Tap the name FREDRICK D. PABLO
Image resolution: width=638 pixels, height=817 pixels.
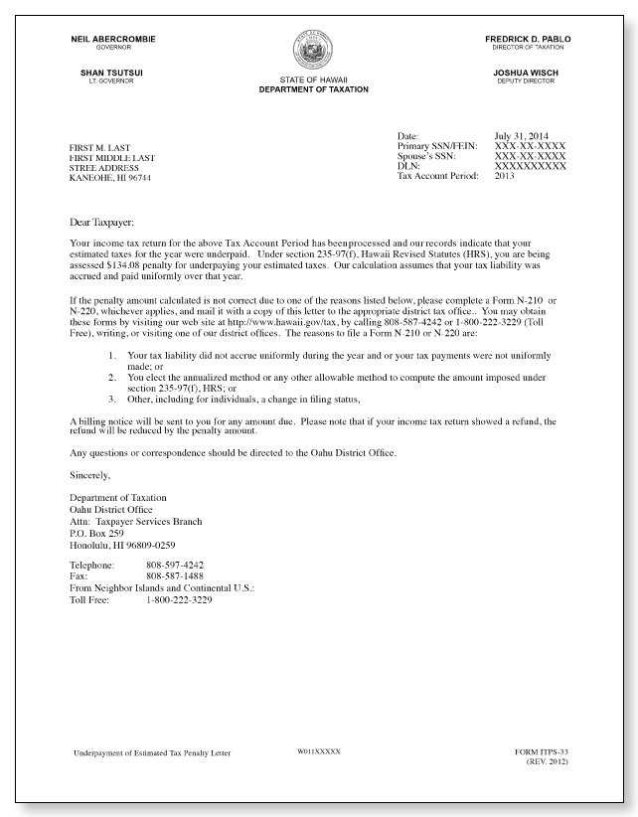click(x=528, y=40)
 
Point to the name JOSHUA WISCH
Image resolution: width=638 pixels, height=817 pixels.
click(x=528, y=73)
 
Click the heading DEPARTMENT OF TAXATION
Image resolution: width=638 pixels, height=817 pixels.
click(x=313, y=89)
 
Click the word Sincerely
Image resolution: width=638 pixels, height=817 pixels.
click(x=91, y=476)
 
